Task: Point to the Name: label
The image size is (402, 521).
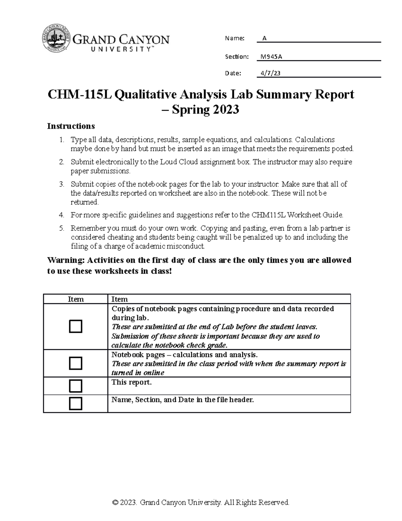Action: coord(234,38)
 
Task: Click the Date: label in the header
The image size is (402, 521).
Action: coord(233,73)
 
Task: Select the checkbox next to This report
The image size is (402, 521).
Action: coord(75,386)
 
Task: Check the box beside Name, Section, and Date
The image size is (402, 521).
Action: coord(75,403)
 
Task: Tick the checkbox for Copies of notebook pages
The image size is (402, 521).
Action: coord(75,326)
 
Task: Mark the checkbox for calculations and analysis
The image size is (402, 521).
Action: coord(75,363)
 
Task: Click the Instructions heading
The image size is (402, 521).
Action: coord(71,126)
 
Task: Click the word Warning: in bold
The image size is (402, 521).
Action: coord(66,260)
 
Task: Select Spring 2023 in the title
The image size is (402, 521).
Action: coord(205,110)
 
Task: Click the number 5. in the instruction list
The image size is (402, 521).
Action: coord(61,228)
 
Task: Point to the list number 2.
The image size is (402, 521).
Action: coord(61,162)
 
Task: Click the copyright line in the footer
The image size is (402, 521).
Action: coord(201,502)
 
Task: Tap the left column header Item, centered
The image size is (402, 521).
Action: coord(75,299)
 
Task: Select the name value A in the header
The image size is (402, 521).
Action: coord(264,38)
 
